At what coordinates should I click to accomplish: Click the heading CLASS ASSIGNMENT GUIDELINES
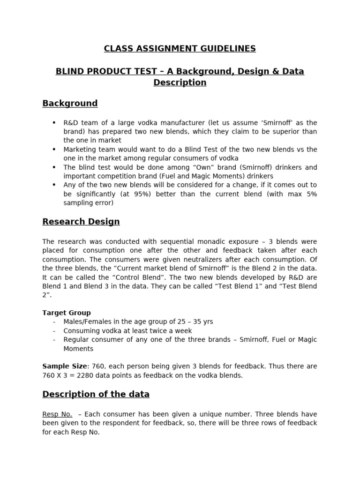(180, 48)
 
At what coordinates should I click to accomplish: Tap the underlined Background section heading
(70, 103)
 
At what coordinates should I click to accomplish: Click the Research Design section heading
(81, 221)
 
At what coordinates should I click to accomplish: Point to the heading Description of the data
(96, 394)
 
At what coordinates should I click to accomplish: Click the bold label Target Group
(67, 313)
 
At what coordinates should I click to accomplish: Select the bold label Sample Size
(64, 366)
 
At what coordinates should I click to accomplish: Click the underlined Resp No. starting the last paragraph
(57, 414)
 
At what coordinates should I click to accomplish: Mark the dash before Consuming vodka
(54, 331)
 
